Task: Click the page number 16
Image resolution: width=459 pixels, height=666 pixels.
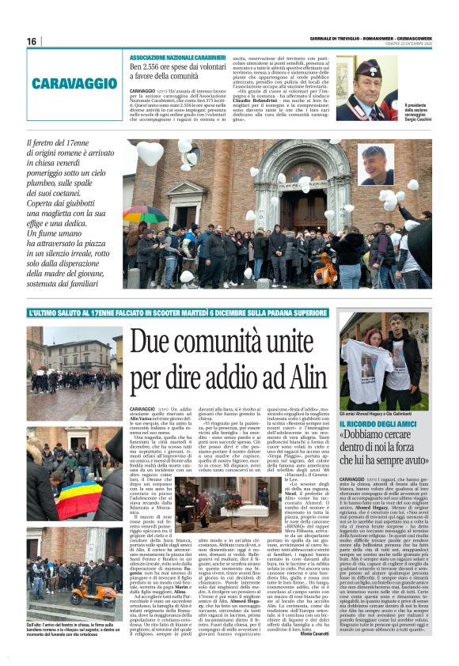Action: tap(32, 41)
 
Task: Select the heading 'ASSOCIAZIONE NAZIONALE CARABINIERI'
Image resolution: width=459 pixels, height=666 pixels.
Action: tap(178, 59)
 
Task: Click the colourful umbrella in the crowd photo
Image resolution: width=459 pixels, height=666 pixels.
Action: tap(144, 214)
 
